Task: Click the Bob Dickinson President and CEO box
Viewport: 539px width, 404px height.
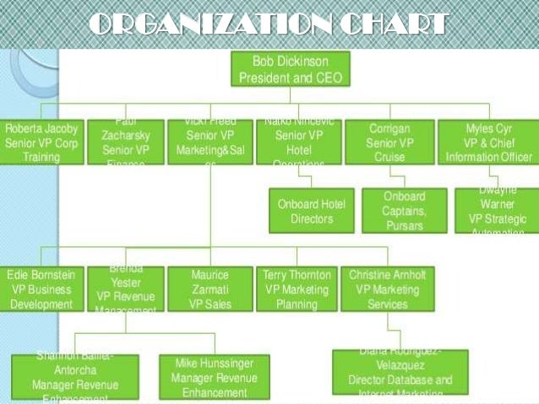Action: [x=289, y=69]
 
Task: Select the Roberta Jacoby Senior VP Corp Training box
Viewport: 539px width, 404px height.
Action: [x=42, y=142]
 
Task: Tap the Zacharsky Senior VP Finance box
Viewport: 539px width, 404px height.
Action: [x=125, y=142]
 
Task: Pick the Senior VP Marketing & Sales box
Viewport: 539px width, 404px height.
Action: [x=210, y=142]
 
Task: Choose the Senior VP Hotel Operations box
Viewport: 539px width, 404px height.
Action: [x=299, y=142]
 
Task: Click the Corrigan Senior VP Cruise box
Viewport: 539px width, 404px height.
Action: [x=389, y=142]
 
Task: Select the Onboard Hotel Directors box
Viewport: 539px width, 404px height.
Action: [x=311, y=211]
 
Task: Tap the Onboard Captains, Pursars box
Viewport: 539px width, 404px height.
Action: [x=403, y=211]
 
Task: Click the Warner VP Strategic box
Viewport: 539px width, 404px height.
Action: [x=497, y=211]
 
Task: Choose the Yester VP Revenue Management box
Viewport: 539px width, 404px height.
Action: [x=126, y=289]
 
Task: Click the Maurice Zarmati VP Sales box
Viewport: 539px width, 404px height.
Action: [x=210, y=289]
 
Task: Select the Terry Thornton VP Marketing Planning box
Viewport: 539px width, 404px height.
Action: [x=297, y=289]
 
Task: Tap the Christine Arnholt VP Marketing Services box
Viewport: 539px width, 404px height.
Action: [x=387, y=289]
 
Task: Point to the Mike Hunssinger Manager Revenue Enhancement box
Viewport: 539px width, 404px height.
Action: [x=214, y=376]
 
